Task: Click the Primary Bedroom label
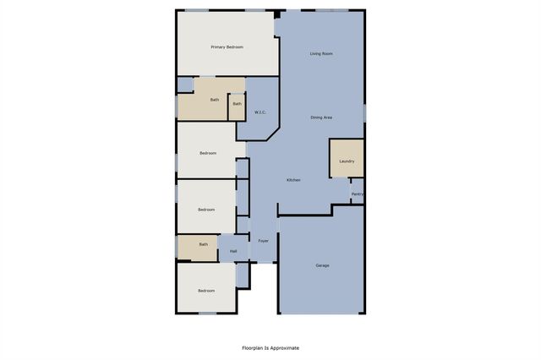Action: (227, 47)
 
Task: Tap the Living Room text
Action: (320, 54)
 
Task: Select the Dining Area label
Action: (320, 117)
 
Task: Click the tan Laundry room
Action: (347, 160)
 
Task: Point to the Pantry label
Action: (358, 194)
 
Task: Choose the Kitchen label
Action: (293, 180)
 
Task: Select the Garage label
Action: (322, 265)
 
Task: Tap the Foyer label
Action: (264, 242)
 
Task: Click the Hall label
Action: (232, 251)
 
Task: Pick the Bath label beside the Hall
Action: (203, 245)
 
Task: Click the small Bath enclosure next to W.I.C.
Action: (237, 105)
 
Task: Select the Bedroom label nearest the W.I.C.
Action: (208, 153)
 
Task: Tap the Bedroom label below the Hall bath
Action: (206, 291)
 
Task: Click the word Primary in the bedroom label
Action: (219, 47)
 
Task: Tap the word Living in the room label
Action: (315, 54)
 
